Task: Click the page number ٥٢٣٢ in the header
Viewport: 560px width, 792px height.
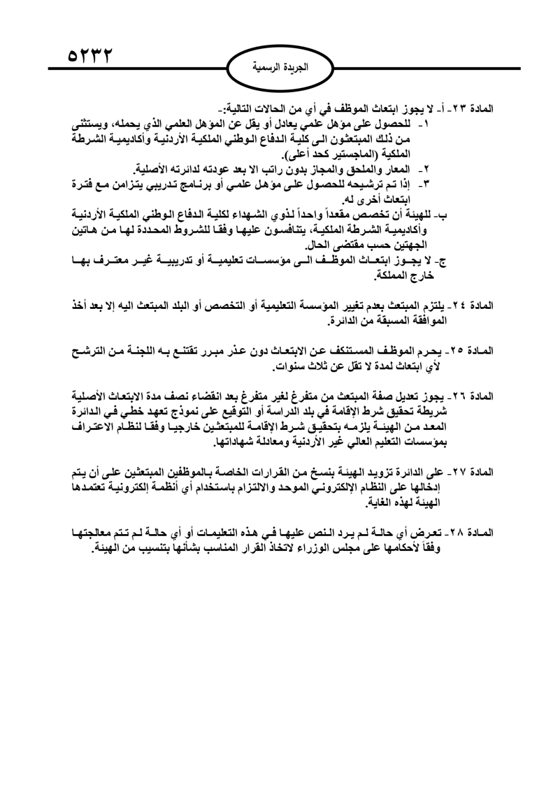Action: click(89, 56)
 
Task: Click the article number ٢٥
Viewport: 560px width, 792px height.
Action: click(458, 351)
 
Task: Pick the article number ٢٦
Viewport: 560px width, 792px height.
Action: click(458, 397)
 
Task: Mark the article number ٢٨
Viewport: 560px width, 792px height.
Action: click(458, 532)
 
